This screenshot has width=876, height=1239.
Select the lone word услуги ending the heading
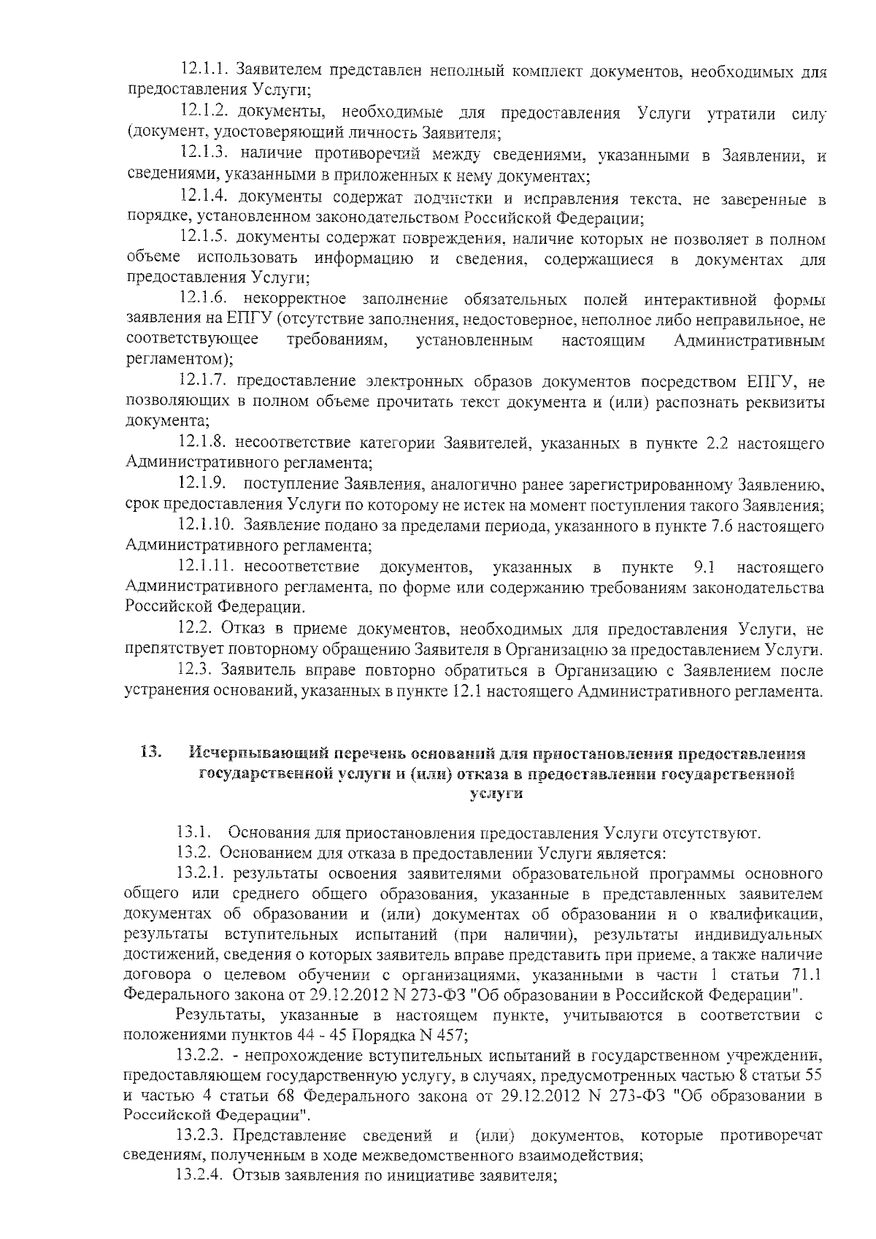496,794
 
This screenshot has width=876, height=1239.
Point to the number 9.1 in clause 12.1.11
705,567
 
